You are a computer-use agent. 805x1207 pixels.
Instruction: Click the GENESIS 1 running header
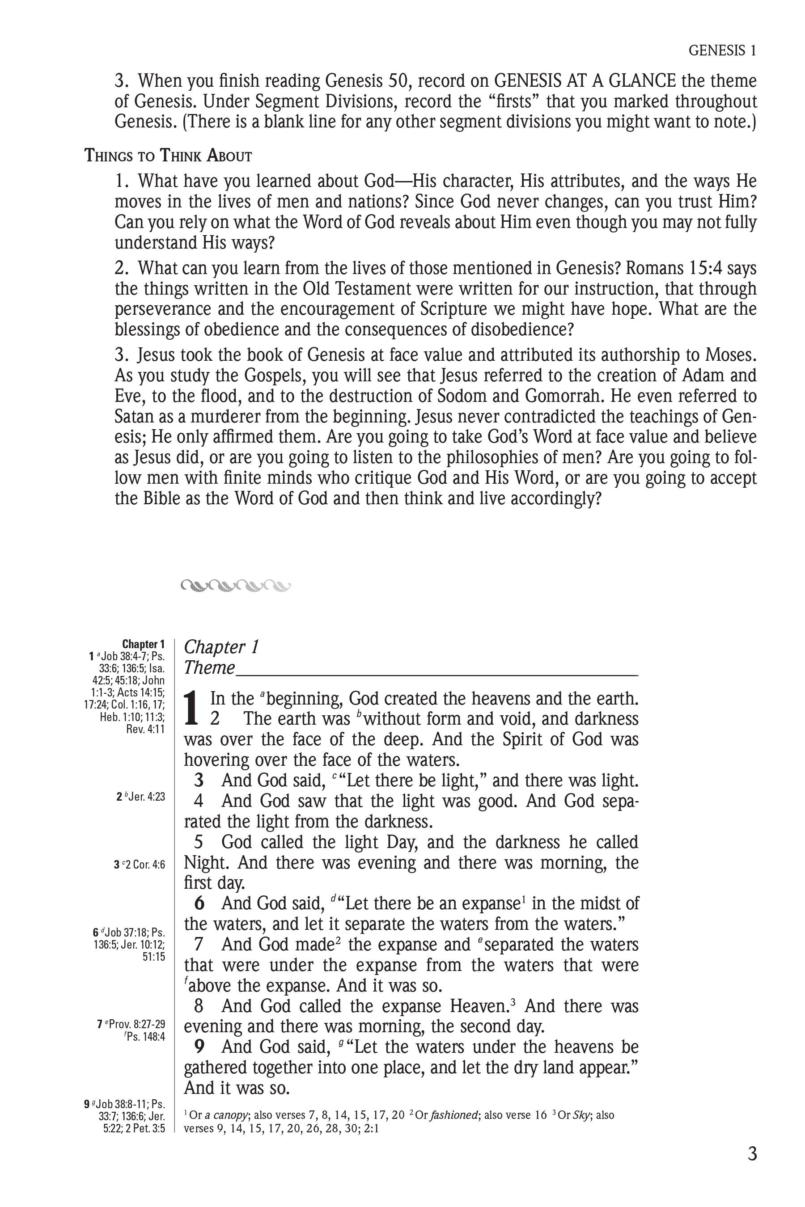click(722, 50)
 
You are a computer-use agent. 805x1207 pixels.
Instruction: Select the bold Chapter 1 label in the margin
click(143, 644)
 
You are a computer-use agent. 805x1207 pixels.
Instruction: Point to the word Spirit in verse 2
click(497, 739)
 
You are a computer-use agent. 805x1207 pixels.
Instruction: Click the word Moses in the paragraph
click(731, 355)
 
